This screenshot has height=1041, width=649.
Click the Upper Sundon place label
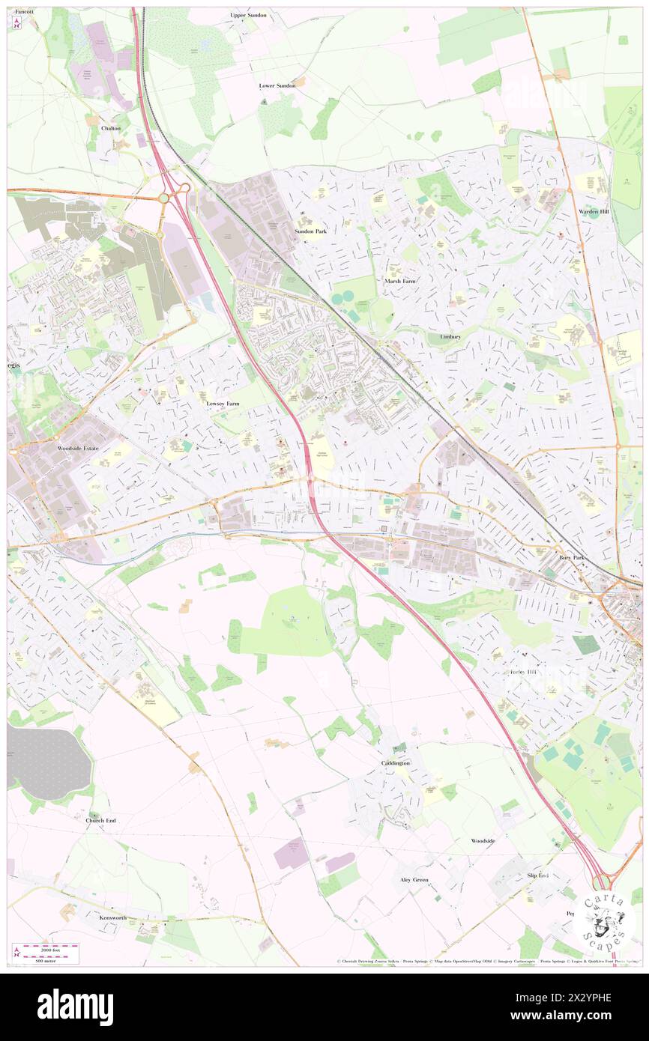pos(248,15)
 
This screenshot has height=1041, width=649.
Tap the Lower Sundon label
pos(277,86)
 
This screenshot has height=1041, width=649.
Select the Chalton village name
pos(111,128)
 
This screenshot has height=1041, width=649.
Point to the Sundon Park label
pos(310,231)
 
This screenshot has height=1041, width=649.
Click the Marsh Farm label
pos(399,281)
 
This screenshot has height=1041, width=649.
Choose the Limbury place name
pos(450,337)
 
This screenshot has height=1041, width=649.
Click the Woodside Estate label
pos(78,448)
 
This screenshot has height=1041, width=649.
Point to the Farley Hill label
pos(524,672)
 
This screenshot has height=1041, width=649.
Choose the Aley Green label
pos(414,879)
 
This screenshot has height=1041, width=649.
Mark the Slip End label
pos(538,875)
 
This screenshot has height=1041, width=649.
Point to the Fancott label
pos(24,13)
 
